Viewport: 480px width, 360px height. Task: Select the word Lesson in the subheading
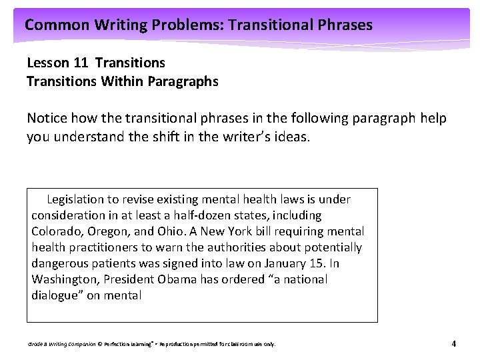(x=48, y=63)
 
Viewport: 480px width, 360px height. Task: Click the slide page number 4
(x=453, y=344)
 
